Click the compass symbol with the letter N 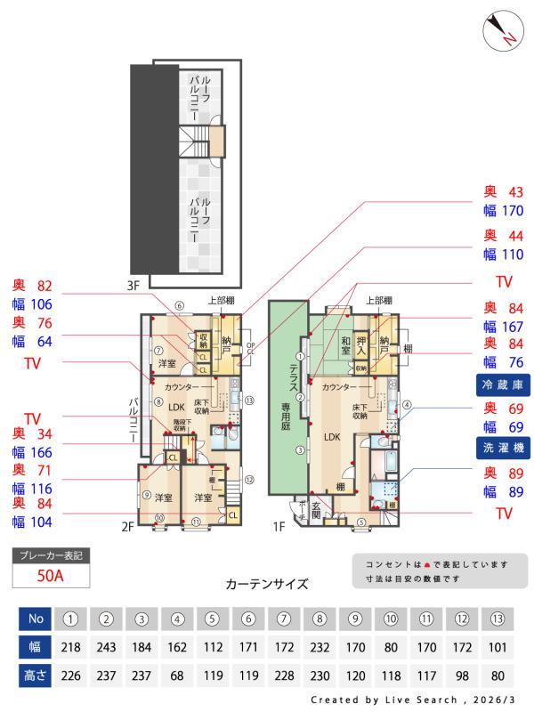502,31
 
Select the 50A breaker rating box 51,576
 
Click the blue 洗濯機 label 501,448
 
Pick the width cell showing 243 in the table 106,647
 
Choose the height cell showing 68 178,676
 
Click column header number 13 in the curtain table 498,618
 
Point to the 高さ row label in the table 35,676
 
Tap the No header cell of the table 35,618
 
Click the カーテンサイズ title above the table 267,585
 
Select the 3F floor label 133,287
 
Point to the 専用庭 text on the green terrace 287,414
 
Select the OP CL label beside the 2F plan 250,348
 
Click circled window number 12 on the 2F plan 249,480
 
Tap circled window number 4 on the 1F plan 406,405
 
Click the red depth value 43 515,191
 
